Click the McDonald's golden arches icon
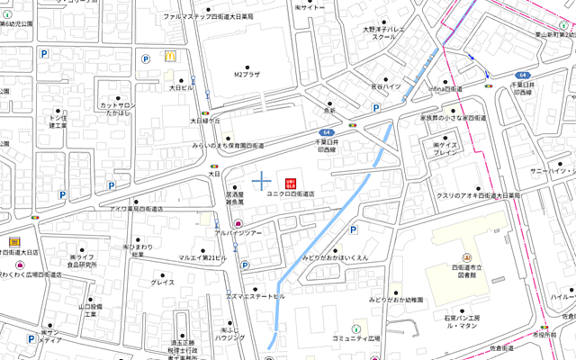tap(168, 56)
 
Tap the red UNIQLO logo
tap(291, 182)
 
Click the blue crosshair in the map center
tap(261, 182)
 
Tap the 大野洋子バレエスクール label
tap(385, 33)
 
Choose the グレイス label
tap(163, 282)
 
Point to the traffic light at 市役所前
tap(542, 326)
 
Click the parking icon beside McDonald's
tap(144, 58)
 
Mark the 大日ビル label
tap(181, 88)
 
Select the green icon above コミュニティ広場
tap(355, 326)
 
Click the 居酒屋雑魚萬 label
tap(235, 198)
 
